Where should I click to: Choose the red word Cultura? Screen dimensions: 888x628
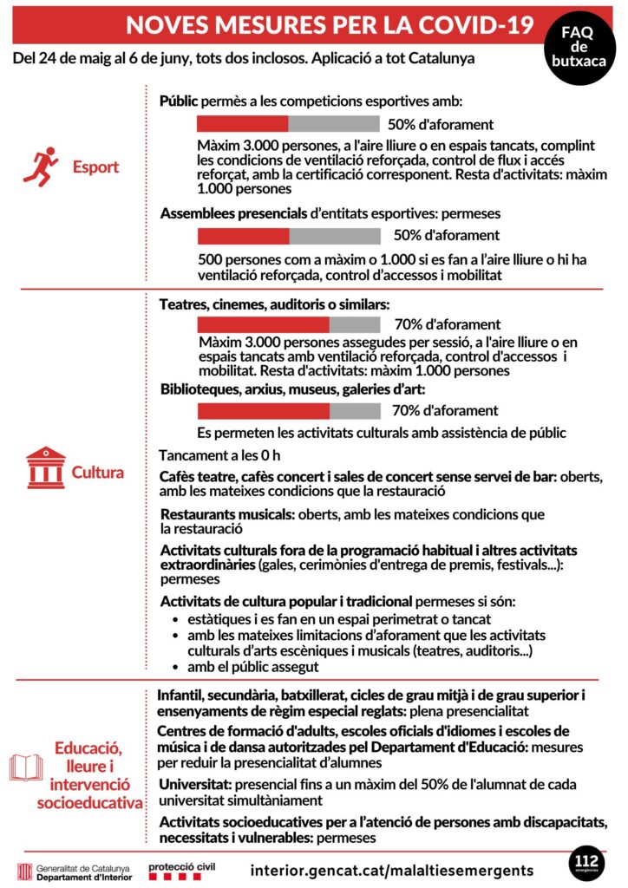coord(97,473)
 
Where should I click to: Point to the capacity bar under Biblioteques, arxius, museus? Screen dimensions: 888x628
coord(289,411)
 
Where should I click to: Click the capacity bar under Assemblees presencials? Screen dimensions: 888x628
coord(289,236)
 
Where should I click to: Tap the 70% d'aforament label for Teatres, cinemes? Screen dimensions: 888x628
coord(447,324)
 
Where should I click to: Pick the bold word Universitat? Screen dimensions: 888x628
coord(193,783)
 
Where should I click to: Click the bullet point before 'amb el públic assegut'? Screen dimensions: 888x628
coord(177,667)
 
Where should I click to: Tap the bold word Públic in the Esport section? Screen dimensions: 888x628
coord(179,101)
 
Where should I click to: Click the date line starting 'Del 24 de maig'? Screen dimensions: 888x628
coord(244,58)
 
